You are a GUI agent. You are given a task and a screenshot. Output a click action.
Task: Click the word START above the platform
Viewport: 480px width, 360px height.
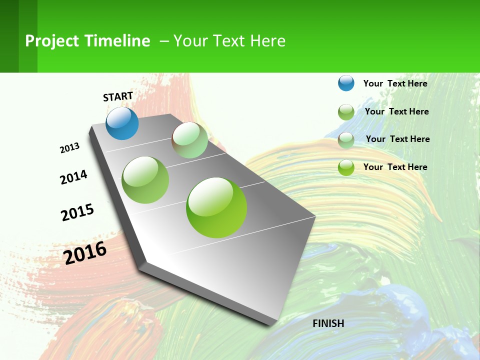(118, 96)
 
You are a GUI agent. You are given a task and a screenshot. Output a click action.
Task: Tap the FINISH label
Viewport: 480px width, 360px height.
(328, 323)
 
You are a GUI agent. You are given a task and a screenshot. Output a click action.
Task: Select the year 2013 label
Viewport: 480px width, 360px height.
(69, 148)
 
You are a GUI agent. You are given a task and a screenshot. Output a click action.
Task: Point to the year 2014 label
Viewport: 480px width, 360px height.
(73, 177)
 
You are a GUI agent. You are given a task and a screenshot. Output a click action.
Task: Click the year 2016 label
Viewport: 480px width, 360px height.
(85, 253)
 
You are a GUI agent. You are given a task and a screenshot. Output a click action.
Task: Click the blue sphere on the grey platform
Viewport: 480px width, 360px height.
(122, 123)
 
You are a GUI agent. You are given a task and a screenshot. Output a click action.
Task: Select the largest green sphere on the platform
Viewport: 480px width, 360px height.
(216, 207)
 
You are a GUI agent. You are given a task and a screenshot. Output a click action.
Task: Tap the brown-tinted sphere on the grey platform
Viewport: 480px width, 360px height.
(190, 140)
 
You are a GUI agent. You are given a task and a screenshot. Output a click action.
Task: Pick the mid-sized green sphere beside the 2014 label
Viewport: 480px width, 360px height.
(145, 180)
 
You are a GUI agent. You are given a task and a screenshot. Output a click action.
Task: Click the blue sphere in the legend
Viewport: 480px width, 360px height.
(346, 83)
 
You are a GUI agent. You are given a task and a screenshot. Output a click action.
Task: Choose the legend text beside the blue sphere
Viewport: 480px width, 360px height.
(395, 83)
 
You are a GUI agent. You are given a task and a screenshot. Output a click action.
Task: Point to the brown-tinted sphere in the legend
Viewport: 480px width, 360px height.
(346, 140)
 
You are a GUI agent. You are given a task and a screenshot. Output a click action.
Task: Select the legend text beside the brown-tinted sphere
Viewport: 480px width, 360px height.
(397, 139)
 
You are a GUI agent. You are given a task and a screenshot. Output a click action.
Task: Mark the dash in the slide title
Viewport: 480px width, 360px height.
(164, 41)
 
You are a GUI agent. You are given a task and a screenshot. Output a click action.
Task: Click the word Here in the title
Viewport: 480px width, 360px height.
(267, 41)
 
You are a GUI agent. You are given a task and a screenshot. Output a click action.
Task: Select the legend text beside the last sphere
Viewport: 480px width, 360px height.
(395, 167)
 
